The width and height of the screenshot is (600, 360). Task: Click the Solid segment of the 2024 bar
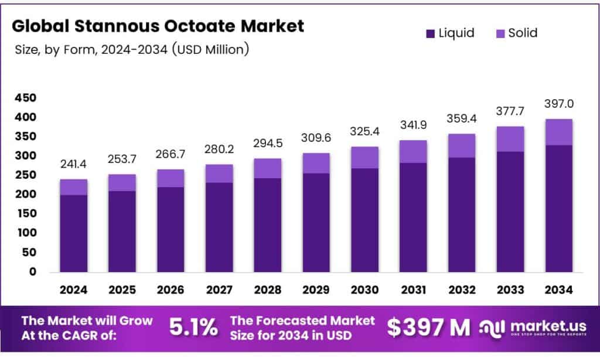pos(73,187)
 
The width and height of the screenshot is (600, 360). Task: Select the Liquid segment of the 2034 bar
pos(559,208)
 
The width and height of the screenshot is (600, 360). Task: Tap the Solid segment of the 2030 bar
pos(364,158)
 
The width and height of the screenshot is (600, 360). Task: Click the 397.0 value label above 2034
pos(559,104)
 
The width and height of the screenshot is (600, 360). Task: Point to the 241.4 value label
pos(73,165)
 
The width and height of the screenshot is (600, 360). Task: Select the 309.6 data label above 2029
pos(316,138)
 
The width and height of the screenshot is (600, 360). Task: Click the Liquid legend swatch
pos(431,33)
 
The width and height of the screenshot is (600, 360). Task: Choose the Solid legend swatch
pos(499,33)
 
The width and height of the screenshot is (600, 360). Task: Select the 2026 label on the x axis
pos(171,290)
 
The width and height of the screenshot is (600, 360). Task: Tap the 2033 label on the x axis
pos(510,290)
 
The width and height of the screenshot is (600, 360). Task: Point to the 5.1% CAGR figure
pos(193,328)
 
